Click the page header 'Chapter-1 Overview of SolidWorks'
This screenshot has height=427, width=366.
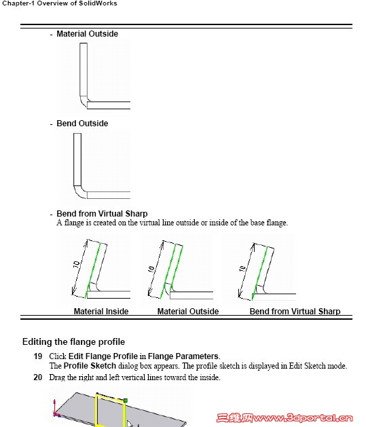click(60, 3)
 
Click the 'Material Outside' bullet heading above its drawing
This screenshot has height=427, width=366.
click(87, 34)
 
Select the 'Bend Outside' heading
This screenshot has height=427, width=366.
click(82, 124)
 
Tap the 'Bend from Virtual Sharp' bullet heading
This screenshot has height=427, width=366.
click(102, 213)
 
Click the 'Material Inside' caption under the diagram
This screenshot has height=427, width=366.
click(101, 312)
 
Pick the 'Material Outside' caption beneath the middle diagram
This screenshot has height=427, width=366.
click(188, 312)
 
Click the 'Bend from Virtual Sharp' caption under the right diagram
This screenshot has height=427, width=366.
click(295, 312)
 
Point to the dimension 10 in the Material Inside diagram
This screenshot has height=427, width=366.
click(77, 264)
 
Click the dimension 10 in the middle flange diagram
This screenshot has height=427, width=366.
click(151, 269)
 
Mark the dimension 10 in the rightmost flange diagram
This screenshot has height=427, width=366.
click(242, 269)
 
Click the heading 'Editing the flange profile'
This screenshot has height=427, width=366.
click(73, 341)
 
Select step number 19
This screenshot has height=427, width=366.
click(38, 356)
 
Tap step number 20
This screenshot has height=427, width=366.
click(38, 377)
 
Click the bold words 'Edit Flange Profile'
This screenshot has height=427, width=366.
click(103, 356)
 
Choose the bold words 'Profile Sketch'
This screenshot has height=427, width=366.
click(90, 365)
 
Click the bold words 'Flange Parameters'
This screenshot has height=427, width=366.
click(183, 356)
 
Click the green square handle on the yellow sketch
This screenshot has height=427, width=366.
click(126, 401)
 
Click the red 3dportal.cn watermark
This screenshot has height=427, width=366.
click(285, 418)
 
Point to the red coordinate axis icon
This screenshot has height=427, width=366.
click(56, 409)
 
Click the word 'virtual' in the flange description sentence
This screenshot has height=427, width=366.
click(150, 223)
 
